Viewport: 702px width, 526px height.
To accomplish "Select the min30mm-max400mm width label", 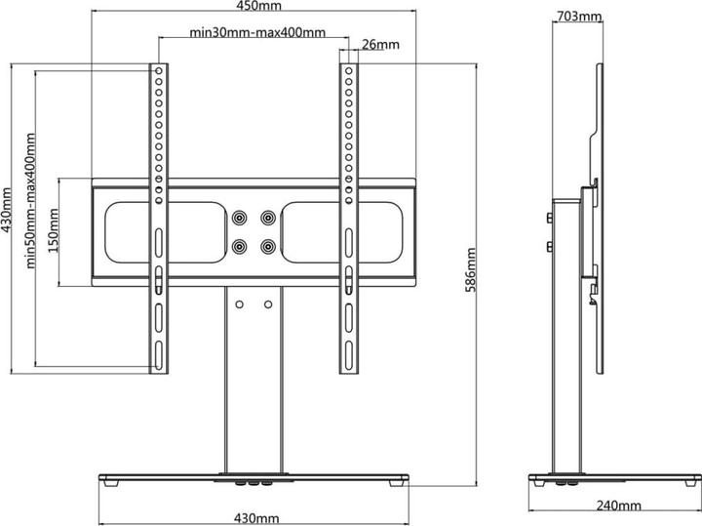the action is [x=257, y=33].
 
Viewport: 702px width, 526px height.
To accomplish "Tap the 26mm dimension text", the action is [x=380, y=44].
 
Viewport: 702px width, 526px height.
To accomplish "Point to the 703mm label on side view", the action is [x=579, y=17].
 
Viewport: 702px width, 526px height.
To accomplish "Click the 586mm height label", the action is [x=471, y=269].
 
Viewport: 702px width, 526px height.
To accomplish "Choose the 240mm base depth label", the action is [x=618, y=506].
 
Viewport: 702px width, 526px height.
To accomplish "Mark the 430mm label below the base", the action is [x=256, y=518].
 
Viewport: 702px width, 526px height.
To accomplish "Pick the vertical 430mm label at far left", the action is [x=6, y=210].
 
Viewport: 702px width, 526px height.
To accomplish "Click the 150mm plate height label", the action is [x=54, y=230].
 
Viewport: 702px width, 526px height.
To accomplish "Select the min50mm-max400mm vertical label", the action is [x=30, y=200].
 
